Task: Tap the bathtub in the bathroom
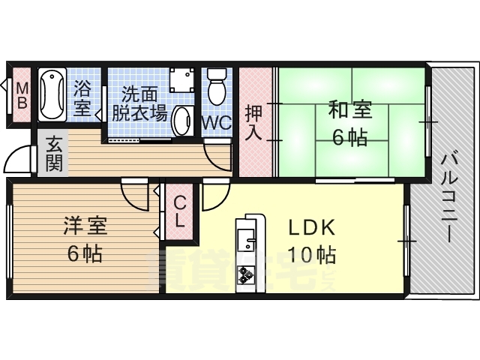click(52, 94)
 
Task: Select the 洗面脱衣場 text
click(139, 104)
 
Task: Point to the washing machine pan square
click(182, 79)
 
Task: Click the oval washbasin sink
click(182, 121)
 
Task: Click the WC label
click(217, 124)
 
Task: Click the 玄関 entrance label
click(55, 154)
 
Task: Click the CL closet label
click(180, 211)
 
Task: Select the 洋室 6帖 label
click(85, 239)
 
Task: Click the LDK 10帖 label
click(312, 241)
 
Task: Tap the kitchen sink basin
click(245, 238)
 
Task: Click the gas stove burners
click(245, 274)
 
